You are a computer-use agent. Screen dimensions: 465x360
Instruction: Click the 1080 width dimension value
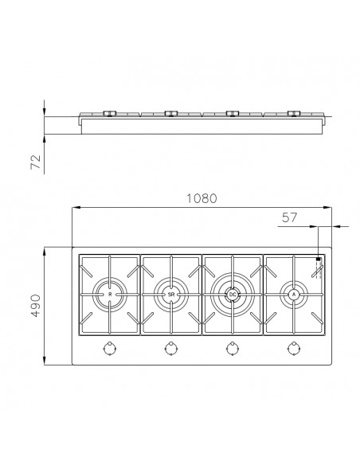click(202, 198)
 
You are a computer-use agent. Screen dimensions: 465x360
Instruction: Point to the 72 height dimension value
click(35, 162)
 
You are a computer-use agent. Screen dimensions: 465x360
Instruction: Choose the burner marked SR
click(170, 295)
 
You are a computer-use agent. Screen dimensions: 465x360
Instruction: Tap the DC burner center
click(232, 295)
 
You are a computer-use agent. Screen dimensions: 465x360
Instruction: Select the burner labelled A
click(293, 295)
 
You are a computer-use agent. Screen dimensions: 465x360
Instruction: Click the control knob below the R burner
click(109, 347)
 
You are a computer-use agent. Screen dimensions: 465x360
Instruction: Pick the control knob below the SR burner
click(170, 347)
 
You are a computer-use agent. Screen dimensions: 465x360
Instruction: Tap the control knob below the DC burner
click(232, 347)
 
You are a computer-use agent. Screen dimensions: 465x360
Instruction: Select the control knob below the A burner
click(293, 347)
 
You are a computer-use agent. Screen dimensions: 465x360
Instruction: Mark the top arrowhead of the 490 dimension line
click(45, 250)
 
